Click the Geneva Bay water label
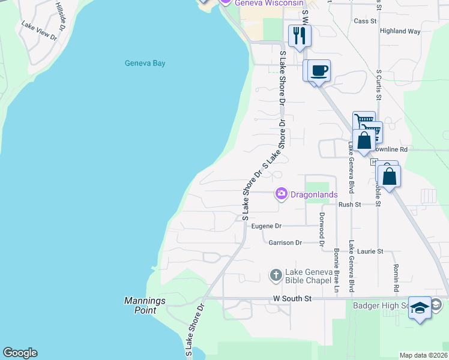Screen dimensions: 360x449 pos(145,63)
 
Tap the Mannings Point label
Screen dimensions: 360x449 pos(140,305)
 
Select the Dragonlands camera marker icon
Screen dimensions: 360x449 pos(281,194)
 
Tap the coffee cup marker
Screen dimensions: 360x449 pos(319,70)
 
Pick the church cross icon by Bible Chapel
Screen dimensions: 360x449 pos(276,275)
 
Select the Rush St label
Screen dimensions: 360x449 pos(349,205)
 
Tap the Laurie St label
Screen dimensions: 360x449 pos(371,251)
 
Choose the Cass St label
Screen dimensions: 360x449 pos(365,21)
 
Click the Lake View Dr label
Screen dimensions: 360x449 pos(38,31)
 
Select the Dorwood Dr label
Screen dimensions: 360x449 pos(322,230)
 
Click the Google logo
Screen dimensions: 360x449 pos(20,353)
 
